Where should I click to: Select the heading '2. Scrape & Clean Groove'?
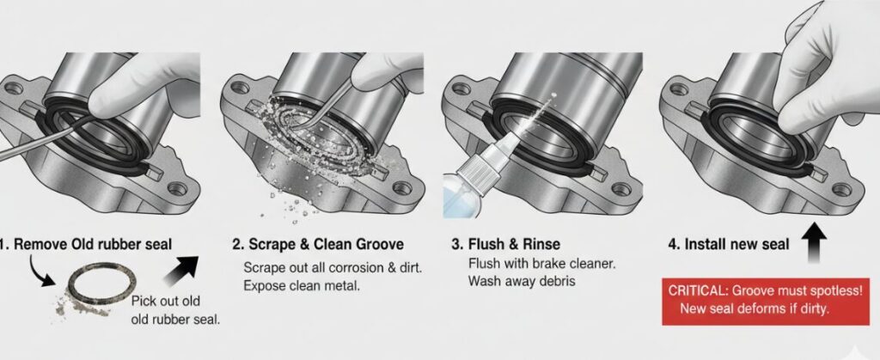tap(318, 245)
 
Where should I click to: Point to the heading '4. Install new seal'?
tap(728, 245)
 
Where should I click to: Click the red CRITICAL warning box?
tap(766, 301)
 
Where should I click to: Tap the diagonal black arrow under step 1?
tap(180, 271)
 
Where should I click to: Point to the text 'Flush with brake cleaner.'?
tap(541, 264)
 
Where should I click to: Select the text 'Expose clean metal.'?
tap(302, 285)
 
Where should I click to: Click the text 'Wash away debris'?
tap(522, 281)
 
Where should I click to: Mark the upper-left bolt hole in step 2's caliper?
tap(240, 87)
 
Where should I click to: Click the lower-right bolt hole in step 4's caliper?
tap(841, 190)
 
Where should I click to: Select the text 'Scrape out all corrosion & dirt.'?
tap(333, 267)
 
